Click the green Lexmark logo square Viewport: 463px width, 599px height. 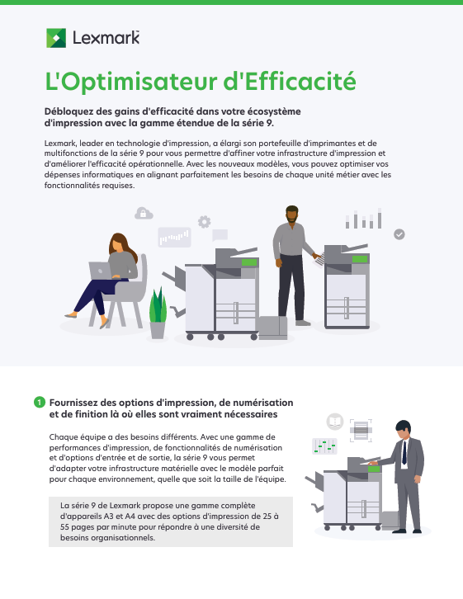(x=56, y=38)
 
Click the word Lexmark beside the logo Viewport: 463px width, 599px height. (x=106, y=38)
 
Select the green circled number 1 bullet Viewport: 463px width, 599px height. (x=40, y=402)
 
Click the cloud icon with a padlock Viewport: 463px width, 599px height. (x=144, y=213)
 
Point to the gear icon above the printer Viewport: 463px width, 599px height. (x=204, y=222)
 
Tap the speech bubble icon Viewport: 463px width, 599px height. (x=220, y=235)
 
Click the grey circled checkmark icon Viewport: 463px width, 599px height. (x=399, y=234)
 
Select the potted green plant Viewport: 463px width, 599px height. (x=158, y=313)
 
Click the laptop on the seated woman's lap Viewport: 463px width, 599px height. (x=100, y=271)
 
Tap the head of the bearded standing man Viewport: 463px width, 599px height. (x=292, y=215)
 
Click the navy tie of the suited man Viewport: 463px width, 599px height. (x=404, y=452)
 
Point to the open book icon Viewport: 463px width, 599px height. (x=335, y=422)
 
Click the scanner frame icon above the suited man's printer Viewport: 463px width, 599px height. (x=361, y=431)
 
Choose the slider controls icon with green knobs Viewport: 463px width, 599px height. (x=324, y=446)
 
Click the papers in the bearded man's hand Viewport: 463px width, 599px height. (x=319, y=260)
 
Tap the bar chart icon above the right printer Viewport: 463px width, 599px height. (x=364, y=219)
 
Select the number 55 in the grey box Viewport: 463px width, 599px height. (x=64, y=526)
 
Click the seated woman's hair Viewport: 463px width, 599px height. (x=123, y=245)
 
